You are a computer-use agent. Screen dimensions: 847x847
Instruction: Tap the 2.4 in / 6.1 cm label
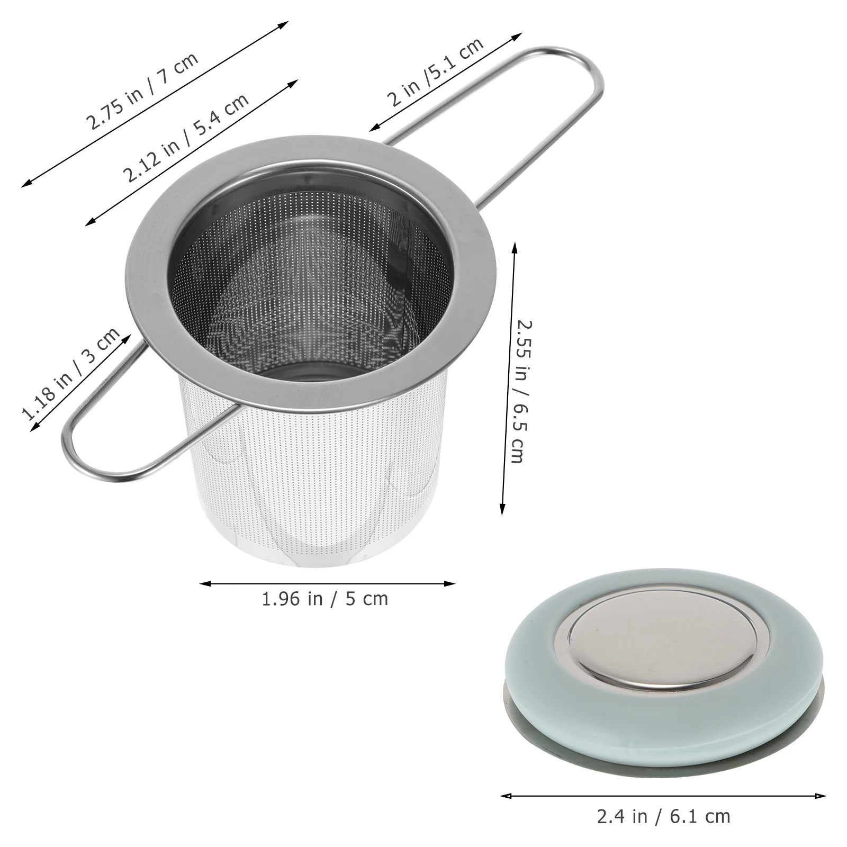coord(663,816)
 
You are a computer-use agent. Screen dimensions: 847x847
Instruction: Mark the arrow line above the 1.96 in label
coord(327,583)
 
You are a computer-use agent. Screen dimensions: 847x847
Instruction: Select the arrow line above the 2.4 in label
coord(663,795)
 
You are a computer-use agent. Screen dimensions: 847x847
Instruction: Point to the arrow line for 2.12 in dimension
coord(192,152)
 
